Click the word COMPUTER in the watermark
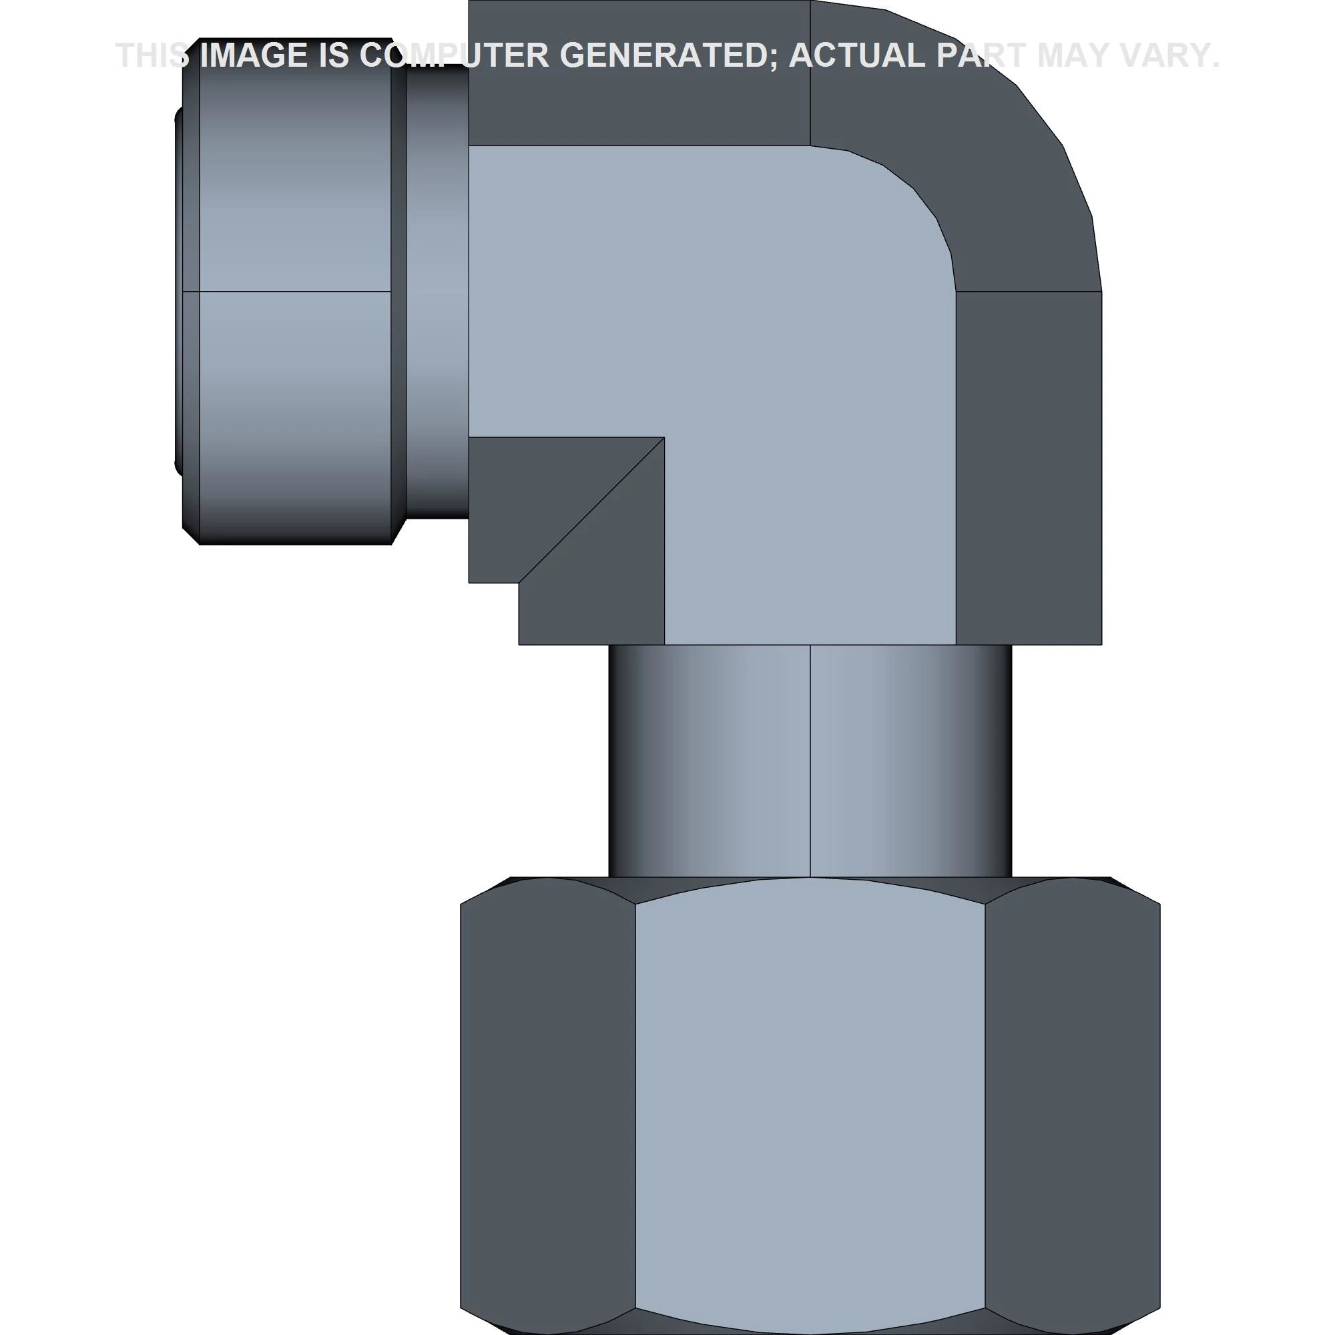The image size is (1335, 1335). click(454, 55)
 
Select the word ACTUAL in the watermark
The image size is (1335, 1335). click(857, 55)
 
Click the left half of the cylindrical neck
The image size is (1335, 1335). click(709, 761)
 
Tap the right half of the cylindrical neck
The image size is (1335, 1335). click(910, 761)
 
